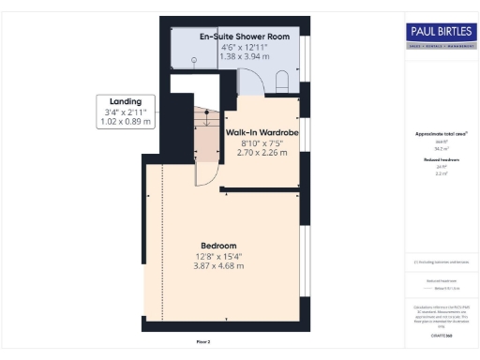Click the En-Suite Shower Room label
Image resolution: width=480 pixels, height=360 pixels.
click(245, 36)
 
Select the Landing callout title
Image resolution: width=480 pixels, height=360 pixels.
click(125, 101)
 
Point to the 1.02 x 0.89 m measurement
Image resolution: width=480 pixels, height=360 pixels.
click(125, 121)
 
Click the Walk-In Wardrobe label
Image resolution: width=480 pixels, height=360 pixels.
click(262, 133)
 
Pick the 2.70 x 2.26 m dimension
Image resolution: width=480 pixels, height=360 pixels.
click(262, 152)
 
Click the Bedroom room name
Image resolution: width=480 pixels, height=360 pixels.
click(218, 245)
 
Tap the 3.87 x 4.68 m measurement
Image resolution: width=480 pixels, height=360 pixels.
click(218, 265)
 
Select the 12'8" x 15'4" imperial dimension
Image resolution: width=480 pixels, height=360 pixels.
click(218, 255)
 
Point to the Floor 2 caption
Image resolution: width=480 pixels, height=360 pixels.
click(203, 342)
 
